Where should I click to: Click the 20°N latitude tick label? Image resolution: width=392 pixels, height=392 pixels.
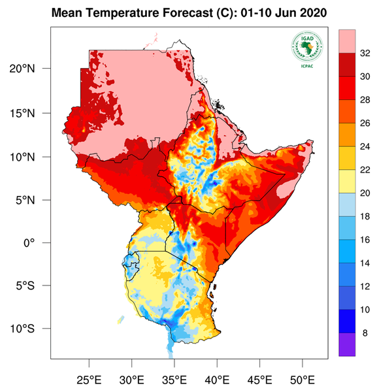[x=31, y=69]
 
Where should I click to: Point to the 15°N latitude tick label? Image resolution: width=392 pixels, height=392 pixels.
[x=31, y=113]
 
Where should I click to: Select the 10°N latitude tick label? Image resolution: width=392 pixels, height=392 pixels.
[x=31, y=157]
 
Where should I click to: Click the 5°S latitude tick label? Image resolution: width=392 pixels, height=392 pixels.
[x=33, y=286]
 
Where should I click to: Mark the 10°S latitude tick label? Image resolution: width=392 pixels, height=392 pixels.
[x=31, y=329]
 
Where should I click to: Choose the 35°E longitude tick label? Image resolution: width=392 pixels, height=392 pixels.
[x=174, y=379]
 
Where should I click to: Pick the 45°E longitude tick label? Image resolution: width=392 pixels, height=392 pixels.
[x=259, y=379]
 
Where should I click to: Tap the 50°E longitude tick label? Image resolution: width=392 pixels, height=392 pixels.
[x=302, y=379]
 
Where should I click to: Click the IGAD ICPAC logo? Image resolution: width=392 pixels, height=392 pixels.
[x=304, y=48]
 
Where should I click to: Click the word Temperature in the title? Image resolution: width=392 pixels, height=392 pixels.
[x=115, y=13]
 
